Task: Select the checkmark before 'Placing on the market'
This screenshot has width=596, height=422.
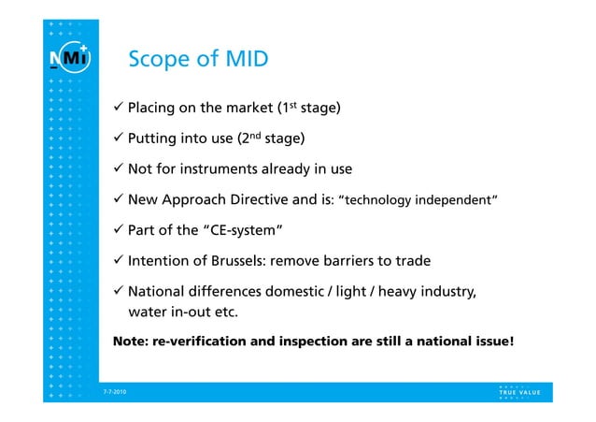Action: pyautogui.click(x=118, y=109)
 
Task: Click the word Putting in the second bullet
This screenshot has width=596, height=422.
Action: pyautogui.click(x=154, y=140)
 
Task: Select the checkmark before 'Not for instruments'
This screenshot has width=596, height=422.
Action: pyautogui.click(x=118, y=170)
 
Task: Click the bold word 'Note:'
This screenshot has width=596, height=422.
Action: pyautogui.click(x=134, y=342)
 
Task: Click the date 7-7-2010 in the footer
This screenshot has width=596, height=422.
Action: pyautogui.click(x=116, y=392)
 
